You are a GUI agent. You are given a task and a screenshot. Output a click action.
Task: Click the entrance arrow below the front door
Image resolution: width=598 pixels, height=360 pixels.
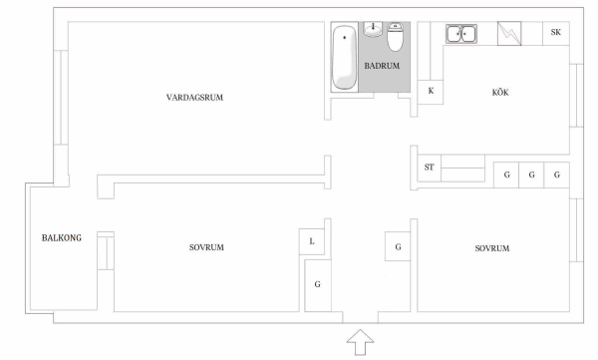click(360, 342)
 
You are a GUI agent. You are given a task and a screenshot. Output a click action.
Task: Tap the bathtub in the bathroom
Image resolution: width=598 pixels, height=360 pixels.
click(345, 57)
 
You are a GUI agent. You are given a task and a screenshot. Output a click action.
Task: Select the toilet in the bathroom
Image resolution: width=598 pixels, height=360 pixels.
click(395, 37)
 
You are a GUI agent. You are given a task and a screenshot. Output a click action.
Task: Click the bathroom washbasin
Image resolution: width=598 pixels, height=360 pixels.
click(373, 29)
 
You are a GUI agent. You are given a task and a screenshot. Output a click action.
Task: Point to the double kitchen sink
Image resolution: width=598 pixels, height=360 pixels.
click(461, 34)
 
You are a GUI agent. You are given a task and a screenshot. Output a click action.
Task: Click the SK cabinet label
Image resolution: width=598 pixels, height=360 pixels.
click(556, 33)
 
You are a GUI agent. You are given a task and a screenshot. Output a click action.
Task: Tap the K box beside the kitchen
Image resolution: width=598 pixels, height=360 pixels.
click(431, 92)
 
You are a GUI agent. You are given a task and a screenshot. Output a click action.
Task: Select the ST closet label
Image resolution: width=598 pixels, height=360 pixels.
click(429, 168)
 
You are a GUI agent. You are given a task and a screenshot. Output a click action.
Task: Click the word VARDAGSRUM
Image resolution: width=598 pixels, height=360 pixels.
click(194, 98)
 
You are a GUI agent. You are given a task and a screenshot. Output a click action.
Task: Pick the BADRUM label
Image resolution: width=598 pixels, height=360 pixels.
click(382, 66)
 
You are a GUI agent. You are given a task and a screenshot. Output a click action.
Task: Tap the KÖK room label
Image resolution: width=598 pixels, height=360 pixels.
click(500, 93)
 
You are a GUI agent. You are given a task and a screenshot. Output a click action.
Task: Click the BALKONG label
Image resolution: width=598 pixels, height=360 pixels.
click(62, 237)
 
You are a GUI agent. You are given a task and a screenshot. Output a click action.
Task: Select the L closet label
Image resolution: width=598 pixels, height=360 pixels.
click(312, 241)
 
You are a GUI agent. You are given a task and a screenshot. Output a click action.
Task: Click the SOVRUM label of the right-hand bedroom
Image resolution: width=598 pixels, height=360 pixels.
click(492, 248)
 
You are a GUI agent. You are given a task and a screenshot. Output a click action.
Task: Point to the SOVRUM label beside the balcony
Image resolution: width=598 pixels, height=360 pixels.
click(206, 247)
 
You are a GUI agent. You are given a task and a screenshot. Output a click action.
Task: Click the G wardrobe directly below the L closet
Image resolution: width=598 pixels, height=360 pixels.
click(318, 285)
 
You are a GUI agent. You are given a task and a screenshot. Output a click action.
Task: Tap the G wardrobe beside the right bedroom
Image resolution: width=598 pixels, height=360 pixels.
click(398, 246)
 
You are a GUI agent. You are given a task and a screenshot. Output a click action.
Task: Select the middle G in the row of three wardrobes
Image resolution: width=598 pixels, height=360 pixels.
click(531, 175)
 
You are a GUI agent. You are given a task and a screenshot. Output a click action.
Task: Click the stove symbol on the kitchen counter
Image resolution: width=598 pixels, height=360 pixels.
click(509, 34)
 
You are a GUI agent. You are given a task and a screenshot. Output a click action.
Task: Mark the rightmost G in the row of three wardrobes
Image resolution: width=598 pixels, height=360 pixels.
click(557, 175)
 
